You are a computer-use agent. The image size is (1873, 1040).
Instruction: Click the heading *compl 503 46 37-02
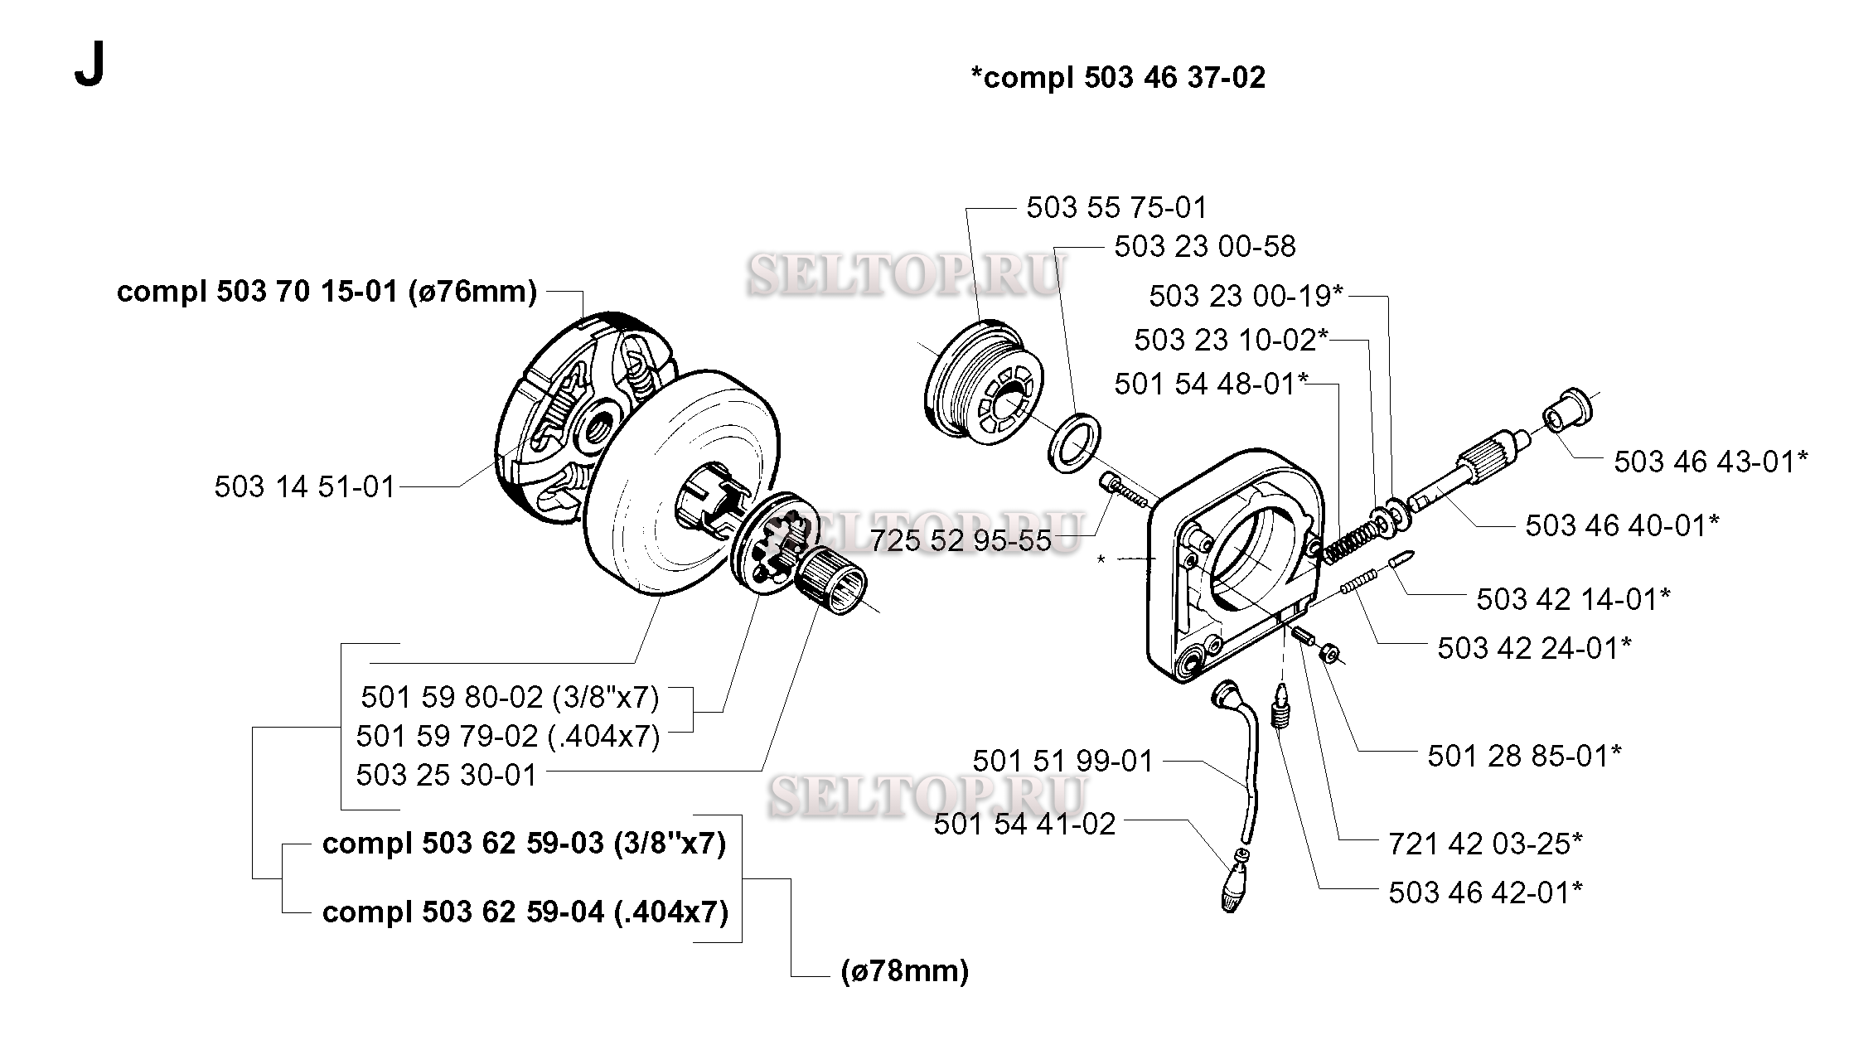coord(1118,77)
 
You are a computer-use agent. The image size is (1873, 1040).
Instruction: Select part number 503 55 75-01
coord(1117,207)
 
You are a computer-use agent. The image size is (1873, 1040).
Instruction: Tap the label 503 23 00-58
coord(1205,246)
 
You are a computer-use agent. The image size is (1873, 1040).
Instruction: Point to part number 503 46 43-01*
coord(1711,462)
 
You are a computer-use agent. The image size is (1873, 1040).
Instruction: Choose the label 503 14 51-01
coord(305,486)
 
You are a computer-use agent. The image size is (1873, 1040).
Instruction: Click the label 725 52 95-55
coord(961,540)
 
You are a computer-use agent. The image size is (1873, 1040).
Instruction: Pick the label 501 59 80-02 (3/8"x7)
coord(510,697)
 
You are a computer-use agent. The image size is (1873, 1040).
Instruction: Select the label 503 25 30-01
coord(447,775)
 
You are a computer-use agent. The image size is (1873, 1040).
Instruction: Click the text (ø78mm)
coord(904,970)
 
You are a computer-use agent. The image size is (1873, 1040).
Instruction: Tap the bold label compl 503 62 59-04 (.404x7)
coord(525,912)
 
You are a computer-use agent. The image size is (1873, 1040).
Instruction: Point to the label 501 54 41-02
coord(1025,824)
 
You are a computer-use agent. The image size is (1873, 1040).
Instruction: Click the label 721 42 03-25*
coord(1486,844)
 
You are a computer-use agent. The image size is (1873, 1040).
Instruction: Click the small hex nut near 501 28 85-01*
coord(1328,654)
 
